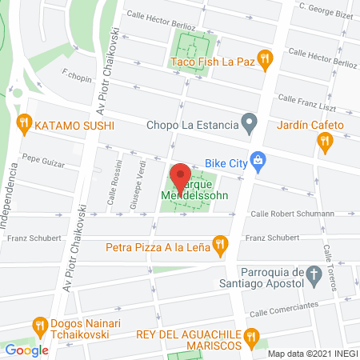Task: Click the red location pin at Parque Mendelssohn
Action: (x=181, y=175)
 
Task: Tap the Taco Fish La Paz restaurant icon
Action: (x=266, y=58)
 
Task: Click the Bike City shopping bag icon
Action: (x=258, y=160)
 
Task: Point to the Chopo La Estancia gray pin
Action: (x=250, y=124)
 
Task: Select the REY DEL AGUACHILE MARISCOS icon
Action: (x=252, y=337)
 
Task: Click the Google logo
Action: (x=26, y=350)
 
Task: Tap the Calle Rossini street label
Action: (x=111, y=189)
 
